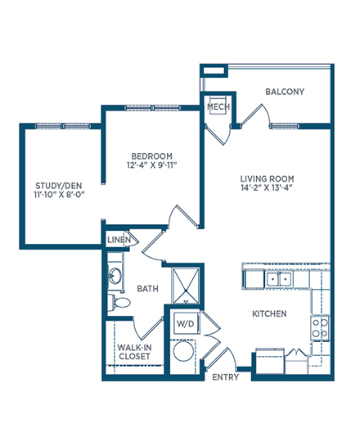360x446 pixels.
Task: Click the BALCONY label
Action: [x=285, y=92]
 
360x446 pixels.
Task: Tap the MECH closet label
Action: [x=218, y=106]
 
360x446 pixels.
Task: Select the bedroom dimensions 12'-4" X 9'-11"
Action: [x=152, y=165]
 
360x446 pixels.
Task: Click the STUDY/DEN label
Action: [x=59, y=186]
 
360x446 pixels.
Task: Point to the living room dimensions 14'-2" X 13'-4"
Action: [x=267, y=188]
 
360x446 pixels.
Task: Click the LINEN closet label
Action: [x=119, y=240]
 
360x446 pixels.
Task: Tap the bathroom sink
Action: [x=115, y=276]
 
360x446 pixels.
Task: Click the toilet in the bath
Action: [x=119, y=302]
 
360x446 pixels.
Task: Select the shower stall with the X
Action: [x=186, y=286]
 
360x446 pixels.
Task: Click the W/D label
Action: [x=186, y=323]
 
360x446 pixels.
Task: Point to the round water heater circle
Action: [x=184, y=351]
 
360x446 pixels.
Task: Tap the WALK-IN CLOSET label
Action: [x=134, y=352]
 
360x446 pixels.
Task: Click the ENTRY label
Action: [x=226, y=377]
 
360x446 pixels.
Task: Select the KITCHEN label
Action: [x=269, y=313]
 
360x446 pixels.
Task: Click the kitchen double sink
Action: [x=279, y=279]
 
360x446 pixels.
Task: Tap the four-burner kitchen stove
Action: [x=320, y=327]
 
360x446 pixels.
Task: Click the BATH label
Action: [x=147, y=289]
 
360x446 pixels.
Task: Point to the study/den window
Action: [x=63, y=126]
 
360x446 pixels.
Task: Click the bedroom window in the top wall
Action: [x=152, y=108]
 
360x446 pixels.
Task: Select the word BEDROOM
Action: [x=152, y=156]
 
